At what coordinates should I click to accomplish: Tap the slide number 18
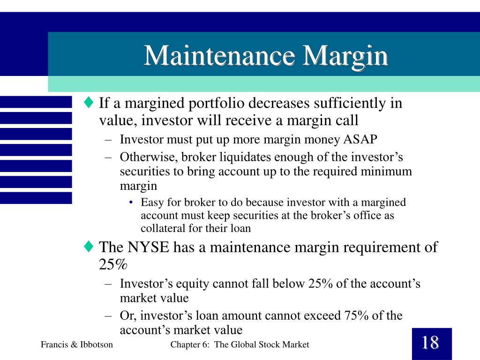point(430,343)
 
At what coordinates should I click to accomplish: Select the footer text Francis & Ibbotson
point(77,345)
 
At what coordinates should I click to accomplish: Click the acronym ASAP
point(360,140)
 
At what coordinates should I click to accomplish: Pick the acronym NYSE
point(149,247)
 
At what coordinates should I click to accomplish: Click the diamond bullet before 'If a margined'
point(89,102)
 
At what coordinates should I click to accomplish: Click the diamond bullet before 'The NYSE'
point(89,247)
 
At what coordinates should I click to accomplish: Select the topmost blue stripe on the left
point(36,102)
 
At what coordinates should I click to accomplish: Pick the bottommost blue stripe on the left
point(36,198)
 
